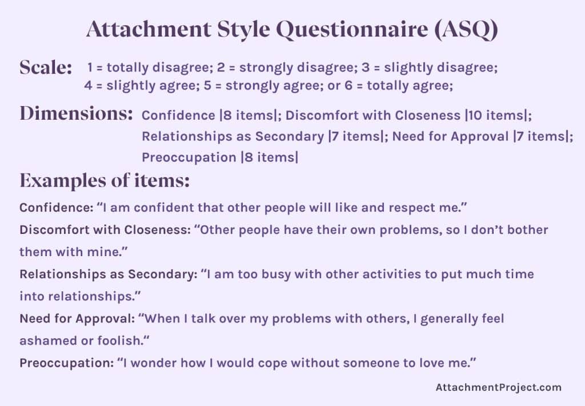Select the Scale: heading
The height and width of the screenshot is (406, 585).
click(46, 67)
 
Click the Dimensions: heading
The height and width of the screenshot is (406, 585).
click(77, 113)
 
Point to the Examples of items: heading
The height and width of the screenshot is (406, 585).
click(105, 181)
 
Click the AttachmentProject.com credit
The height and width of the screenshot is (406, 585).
click(499, 387)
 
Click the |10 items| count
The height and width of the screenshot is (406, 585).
click(496, 115)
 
